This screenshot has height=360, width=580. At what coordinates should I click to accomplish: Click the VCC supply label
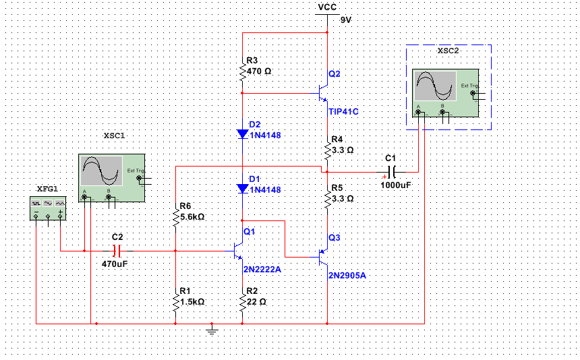click(x=327, y=7)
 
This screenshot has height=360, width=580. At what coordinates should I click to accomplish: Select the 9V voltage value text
click(x=346, y=20)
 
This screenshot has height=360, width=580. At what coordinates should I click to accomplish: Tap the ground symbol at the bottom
click(x=212, y=330)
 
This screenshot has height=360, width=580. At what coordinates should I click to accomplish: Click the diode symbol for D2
click(x=242, y=133)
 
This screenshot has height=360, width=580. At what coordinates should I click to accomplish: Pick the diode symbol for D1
click(x=242, y=189)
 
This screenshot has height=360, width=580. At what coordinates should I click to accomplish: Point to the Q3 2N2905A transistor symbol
click(x=323, y=257)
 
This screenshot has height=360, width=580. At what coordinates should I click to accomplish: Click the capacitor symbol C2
click(x=116, y=251)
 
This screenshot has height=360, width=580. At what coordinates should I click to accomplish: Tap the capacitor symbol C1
click(x=391, y=172)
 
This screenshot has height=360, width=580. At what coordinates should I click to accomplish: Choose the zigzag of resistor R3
click(x=242, y=72)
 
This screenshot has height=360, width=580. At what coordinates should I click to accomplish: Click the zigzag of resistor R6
click(x=175, y=218)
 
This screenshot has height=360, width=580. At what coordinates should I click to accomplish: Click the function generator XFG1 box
click(x=48, y=208)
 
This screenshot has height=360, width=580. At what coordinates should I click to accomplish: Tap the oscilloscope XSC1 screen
click(x=102, y=171)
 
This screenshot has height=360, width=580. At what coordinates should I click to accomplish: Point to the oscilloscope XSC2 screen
click(x=436, y=86)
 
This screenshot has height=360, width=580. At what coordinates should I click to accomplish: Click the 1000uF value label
click(x=396, y=185)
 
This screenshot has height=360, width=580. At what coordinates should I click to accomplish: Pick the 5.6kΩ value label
click(x=192, y=217)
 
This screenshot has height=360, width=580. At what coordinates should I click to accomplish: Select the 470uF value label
click(x=115, y=264)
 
